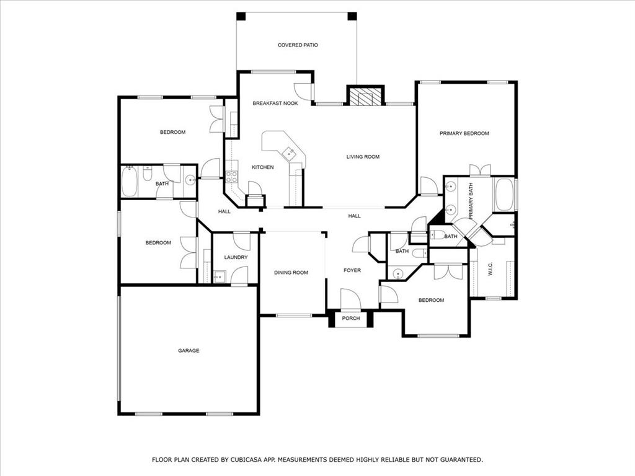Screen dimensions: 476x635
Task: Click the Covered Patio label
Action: (298, 45)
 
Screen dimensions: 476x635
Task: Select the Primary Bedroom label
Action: (464, 133)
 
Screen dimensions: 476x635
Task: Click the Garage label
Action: (189, 351)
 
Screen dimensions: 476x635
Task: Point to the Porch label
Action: (351, 319)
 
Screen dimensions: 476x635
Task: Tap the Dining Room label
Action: (291, 273)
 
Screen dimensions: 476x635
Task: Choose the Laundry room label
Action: (236, 257)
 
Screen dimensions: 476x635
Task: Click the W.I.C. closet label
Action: (490, 270)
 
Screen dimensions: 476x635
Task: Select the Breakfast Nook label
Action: (275, 103)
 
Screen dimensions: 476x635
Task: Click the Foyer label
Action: (352, 270)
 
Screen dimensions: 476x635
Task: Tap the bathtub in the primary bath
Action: (504, 195)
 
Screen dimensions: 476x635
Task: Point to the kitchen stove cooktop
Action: (232, 177)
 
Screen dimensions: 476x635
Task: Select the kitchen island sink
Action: (288, 152)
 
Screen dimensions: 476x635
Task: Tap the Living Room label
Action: (363, 157)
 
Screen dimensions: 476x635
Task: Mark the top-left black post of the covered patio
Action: (241, 17)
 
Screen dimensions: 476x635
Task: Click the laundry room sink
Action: (218, 276)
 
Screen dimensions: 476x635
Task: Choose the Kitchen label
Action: (262, 167)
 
